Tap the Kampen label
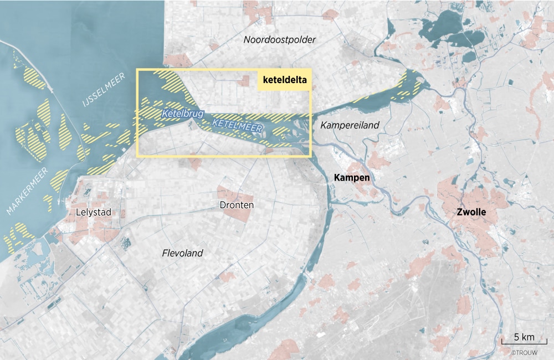(352, 178)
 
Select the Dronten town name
(237, 205)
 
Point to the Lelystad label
(93, 212)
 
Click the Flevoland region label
(182, 253)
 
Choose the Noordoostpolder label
(280, 40)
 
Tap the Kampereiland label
(350, 125)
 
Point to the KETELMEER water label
(237, 126)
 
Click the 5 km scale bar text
(524, 337)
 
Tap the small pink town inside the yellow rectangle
(244, 81)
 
